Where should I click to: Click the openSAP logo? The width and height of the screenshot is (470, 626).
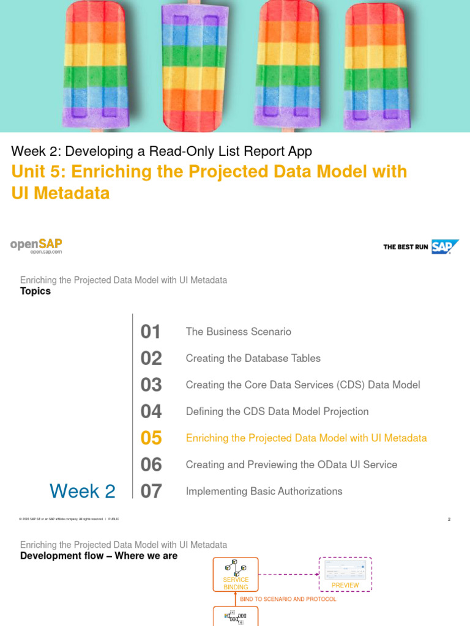36,246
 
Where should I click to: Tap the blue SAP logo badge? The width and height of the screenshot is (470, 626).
445,246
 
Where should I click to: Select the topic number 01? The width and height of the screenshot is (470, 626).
151,332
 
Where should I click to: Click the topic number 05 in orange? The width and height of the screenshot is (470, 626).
151,438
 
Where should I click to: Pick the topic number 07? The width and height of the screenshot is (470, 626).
151,492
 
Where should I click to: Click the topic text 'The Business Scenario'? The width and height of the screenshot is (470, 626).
239,332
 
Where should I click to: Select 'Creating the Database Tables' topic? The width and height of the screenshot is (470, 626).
253,358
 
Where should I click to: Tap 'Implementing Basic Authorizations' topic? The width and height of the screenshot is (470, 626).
264,492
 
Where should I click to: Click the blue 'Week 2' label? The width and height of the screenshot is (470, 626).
82,491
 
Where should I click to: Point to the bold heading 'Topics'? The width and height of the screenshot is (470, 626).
35,292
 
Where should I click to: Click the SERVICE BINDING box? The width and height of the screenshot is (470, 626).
236,574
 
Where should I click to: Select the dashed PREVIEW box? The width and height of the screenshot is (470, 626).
345,574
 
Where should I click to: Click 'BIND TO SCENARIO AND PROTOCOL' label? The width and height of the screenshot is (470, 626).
288,599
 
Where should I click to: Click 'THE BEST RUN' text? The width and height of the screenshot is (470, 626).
405,247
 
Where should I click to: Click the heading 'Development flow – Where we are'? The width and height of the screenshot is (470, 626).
99,556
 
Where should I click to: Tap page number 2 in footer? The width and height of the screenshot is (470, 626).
449,520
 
